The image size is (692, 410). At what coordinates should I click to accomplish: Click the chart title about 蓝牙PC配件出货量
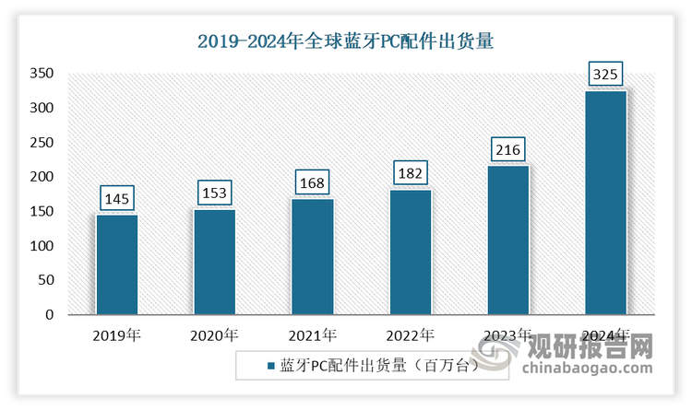click(346, 41)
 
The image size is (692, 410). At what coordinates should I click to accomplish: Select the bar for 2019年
click(116, 264)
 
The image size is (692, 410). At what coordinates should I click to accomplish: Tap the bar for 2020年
click(214, 262)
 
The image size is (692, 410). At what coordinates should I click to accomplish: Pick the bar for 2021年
click(312, 257)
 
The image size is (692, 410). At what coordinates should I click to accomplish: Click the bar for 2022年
click(410, 252)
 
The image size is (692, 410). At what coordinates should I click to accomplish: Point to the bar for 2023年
click(507, 240)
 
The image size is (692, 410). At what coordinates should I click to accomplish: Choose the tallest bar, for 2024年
click(605, 203)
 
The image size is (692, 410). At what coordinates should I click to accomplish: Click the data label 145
click(116, 198)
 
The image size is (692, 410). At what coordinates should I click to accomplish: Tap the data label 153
click(214, 193)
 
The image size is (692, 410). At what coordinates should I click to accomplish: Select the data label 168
click(312, 182)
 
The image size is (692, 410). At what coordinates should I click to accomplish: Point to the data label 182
click(410, 172)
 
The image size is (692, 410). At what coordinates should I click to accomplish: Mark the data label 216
click(507, 149)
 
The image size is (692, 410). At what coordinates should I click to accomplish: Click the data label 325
click(605, 74)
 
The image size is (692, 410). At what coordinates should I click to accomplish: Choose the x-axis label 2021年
click(312, 334)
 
